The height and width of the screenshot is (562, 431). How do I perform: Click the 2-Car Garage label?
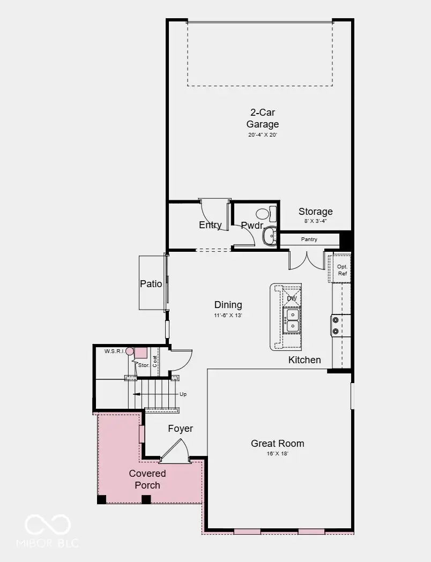[x=263, y=118]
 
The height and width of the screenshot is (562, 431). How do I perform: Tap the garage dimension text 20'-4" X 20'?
[x=263, y=135]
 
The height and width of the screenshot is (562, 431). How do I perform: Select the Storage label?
[x=316, y=212]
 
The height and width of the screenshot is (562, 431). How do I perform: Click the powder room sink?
[x=269, y=236]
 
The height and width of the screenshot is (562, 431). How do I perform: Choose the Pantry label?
[x=309, y=239]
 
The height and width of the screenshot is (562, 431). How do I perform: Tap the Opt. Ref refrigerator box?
[x=339, y=268]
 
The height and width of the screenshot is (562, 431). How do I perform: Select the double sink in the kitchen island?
[x=292, y=320]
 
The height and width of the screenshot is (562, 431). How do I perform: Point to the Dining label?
[x=228, y=305]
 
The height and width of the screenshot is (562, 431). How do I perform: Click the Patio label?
[x=151, y=284]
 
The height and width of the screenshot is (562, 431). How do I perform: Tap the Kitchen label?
[x=304, y=360]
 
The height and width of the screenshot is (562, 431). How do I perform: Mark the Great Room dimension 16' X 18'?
[x=278, y=454]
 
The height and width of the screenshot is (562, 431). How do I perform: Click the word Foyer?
[x=180, y=429]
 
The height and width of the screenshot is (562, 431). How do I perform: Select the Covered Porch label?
[x=147, y=479]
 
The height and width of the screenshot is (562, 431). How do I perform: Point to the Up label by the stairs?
[x=183, y=394]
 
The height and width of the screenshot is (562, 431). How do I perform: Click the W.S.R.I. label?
[x=114, y=351]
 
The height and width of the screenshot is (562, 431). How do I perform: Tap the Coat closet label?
[x=154, y=361]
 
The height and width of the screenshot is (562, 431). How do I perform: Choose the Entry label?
[x=210, y=225]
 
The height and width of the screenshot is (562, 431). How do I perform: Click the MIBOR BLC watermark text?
[x=47, y=543]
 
